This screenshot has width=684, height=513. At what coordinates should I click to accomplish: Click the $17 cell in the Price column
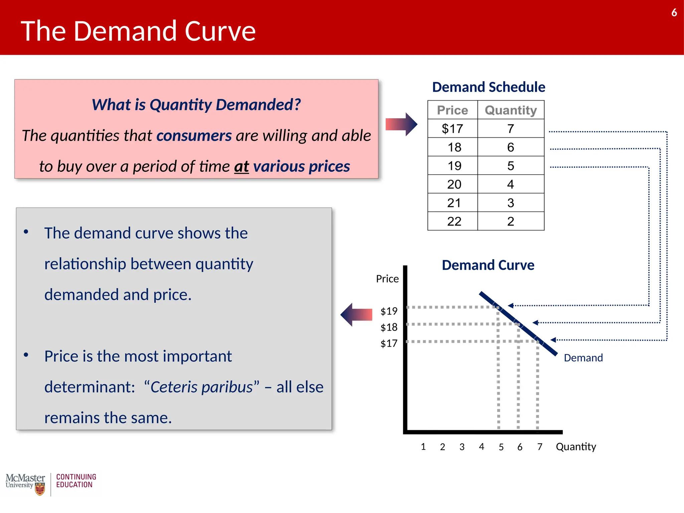452,129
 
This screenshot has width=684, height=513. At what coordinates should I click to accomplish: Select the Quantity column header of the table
511,110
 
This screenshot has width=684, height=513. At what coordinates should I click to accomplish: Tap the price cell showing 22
454,221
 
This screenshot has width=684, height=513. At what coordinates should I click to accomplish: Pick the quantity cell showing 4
510,184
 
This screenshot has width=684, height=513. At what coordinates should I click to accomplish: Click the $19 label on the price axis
389,311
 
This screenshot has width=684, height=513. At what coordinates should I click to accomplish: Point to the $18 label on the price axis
389,327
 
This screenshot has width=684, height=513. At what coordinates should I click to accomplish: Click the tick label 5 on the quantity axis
501,447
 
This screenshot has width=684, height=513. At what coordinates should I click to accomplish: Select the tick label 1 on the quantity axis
423,447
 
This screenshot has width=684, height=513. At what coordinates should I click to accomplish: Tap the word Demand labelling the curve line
583,358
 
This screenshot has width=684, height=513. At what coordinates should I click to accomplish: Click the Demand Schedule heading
488,87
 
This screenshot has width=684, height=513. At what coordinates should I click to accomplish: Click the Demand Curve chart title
488,265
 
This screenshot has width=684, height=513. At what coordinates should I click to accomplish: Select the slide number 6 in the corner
674,13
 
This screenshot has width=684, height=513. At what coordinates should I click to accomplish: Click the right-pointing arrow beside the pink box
401,124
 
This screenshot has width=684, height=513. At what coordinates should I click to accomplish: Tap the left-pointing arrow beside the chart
356,315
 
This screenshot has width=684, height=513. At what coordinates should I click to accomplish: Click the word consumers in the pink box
194,136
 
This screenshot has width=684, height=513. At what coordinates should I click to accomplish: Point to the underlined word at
241,166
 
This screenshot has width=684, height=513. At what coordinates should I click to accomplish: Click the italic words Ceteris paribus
201,387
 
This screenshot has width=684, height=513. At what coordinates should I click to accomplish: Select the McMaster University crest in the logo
40,490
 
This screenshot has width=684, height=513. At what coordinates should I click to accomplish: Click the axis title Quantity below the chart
576,447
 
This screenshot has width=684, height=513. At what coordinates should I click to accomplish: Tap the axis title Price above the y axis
387,279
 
